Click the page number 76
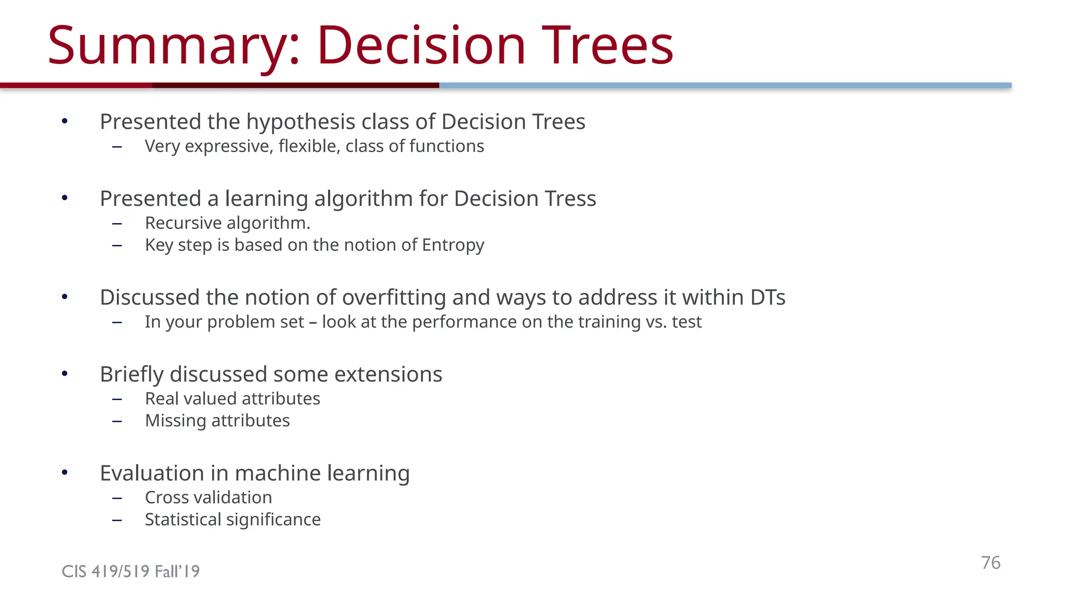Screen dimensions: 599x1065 (991, 563)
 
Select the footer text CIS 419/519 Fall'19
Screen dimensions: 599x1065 (131, 571)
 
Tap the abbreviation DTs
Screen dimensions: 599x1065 (768, 297)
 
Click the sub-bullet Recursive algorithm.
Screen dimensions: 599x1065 (227, 223)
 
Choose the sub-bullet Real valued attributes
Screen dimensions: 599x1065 (232, 399)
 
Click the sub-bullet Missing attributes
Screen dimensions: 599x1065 (217, 421)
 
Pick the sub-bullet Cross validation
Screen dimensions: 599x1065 (208, 498)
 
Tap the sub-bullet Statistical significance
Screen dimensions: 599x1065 (232, 519)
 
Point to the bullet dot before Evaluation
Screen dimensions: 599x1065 (64, 473)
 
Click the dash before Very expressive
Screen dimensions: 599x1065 (117, 147)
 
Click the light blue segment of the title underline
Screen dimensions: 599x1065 (725, 85)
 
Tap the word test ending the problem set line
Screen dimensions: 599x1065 (686, 322)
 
